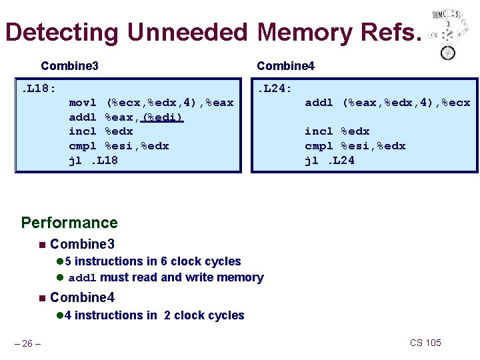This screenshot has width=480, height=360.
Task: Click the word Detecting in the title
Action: tap(61, 32)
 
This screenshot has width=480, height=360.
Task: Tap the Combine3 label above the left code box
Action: tap(69, 65)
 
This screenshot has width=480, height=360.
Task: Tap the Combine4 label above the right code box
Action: tap(285, 65)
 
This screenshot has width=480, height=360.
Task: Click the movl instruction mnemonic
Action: tap(83, 102)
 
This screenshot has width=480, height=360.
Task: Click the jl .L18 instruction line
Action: tap(93, 160)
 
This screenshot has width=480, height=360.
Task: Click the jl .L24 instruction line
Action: tap(329, 160)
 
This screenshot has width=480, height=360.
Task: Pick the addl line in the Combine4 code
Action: tap(387, 102)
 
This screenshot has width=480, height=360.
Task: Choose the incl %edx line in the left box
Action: tap(101, 131)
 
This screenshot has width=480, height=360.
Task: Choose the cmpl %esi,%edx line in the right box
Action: tap(355, 145)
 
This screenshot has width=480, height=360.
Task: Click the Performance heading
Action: tap(69, 223)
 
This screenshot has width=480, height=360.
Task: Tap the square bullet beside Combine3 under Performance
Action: tap(41, 244)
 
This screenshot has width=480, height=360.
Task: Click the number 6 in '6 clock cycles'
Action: tap(173, 261)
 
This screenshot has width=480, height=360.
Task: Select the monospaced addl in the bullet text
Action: tap(83, 278)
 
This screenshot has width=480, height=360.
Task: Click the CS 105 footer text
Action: tap(425, 343)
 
